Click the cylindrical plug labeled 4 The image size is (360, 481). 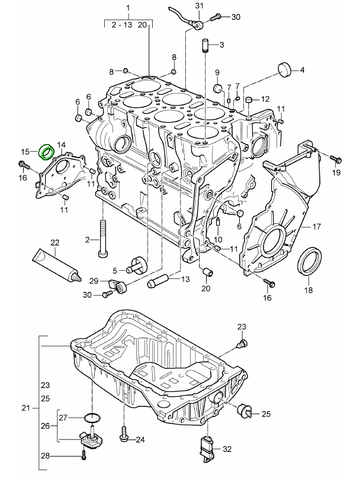(x=286, y=69)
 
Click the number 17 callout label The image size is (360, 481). (x=316, y=226)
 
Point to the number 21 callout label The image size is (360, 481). (x=25, y=408)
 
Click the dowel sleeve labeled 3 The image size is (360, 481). (x=207, y=45)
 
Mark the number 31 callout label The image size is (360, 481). (x=199, y=6)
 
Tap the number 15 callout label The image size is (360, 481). (x=25, y=151)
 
